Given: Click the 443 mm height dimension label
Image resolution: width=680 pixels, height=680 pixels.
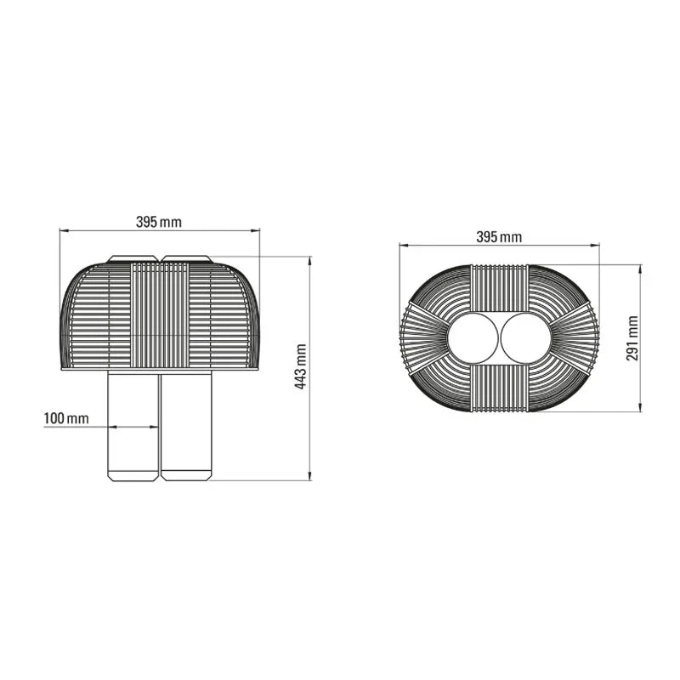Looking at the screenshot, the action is (x=301, y=366).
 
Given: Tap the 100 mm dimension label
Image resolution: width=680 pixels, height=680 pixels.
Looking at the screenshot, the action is (x=66, y=418).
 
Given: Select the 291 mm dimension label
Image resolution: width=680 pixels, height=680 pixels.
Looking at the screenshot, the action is (x=632, y=338).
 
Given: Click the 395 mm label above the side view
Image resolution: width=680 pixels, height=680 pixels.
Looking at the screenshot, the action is (x=159, y=222).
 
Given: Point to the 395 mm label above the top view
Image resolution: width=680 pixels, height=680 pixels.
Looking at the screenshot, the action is (x=499, y=237).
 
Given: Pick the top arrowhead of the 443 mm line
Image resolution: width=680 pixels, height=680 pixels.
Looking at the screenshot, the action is (x=309, y=260).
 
